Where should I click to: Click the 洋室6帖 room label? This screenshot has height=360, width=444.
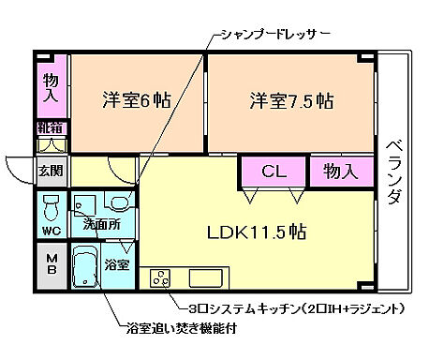tap(136, 100)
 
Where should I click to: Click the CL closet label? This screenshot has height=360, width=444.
tap(274, 172)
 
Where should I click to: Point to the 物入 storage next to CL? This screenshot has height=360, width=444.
tap(341, 172)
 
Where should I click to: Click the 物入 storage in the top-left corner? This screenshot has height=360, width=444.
tap(52, 86)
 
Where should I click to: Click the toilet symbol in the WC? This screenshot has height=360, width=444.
tap(53, 205)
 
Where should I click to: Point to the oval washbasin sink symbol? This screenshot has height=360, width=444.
tap(119, 202)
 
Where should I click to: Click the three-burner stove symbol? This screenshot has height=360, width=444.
tap(160, 278)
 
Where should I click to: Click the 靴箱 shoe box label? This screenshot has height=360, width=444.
tap(52, 127)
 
